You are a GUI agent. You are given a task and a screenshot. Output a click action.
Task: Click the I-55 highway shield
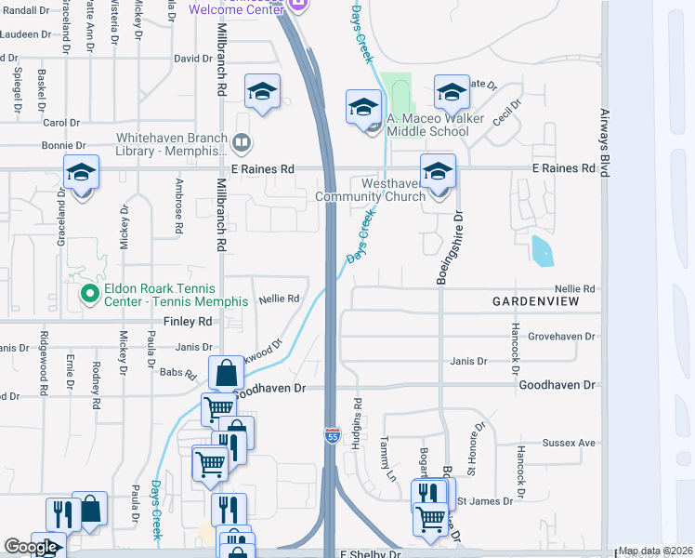coord(332,434)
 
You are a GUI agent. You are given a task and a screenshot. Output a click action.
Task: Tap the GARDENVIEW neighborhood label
coord(535,302)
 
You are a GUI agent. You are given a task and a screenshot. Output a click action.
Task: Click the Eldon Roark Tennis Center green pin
coord(89,296)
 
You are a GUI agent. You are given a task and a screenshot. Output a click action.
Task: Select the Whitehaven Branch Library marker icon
coord(242,142)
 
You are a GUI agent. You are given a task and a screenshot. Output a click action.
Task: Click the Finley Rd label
coord(189,321)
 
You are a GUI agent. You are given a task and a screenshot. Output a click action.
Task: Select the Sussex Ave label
coord(575,444)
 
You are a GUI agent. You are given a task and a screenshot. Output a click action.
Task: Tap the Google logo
coord(31,547)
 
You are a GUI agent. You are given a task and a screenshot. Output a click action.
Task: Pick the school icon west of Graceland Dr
coord(82,172)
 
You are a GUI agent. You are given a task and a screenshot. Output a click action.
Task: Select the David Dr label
coord(193,59)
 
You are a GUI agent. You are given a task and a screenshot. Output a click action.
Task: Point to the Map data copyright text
coord(655,551)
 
